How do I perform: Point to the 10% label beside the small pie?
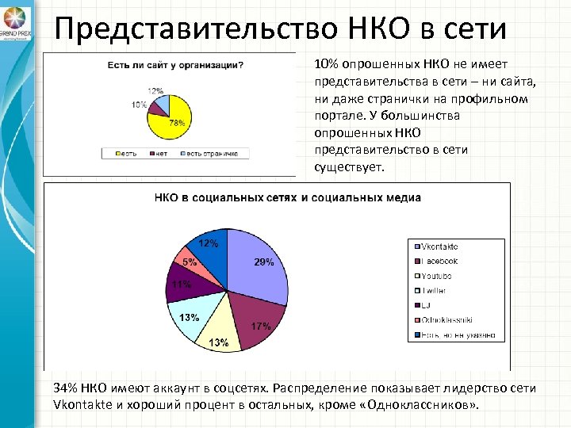click(x=139, y=105)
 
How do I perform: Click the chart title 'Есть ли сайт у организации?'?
click(x=175, y=64)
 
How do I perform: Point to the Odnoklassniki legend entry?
click(x=446, y=320)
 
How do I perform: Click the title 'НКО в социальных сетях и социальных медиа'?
click(x=287, y=197)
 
